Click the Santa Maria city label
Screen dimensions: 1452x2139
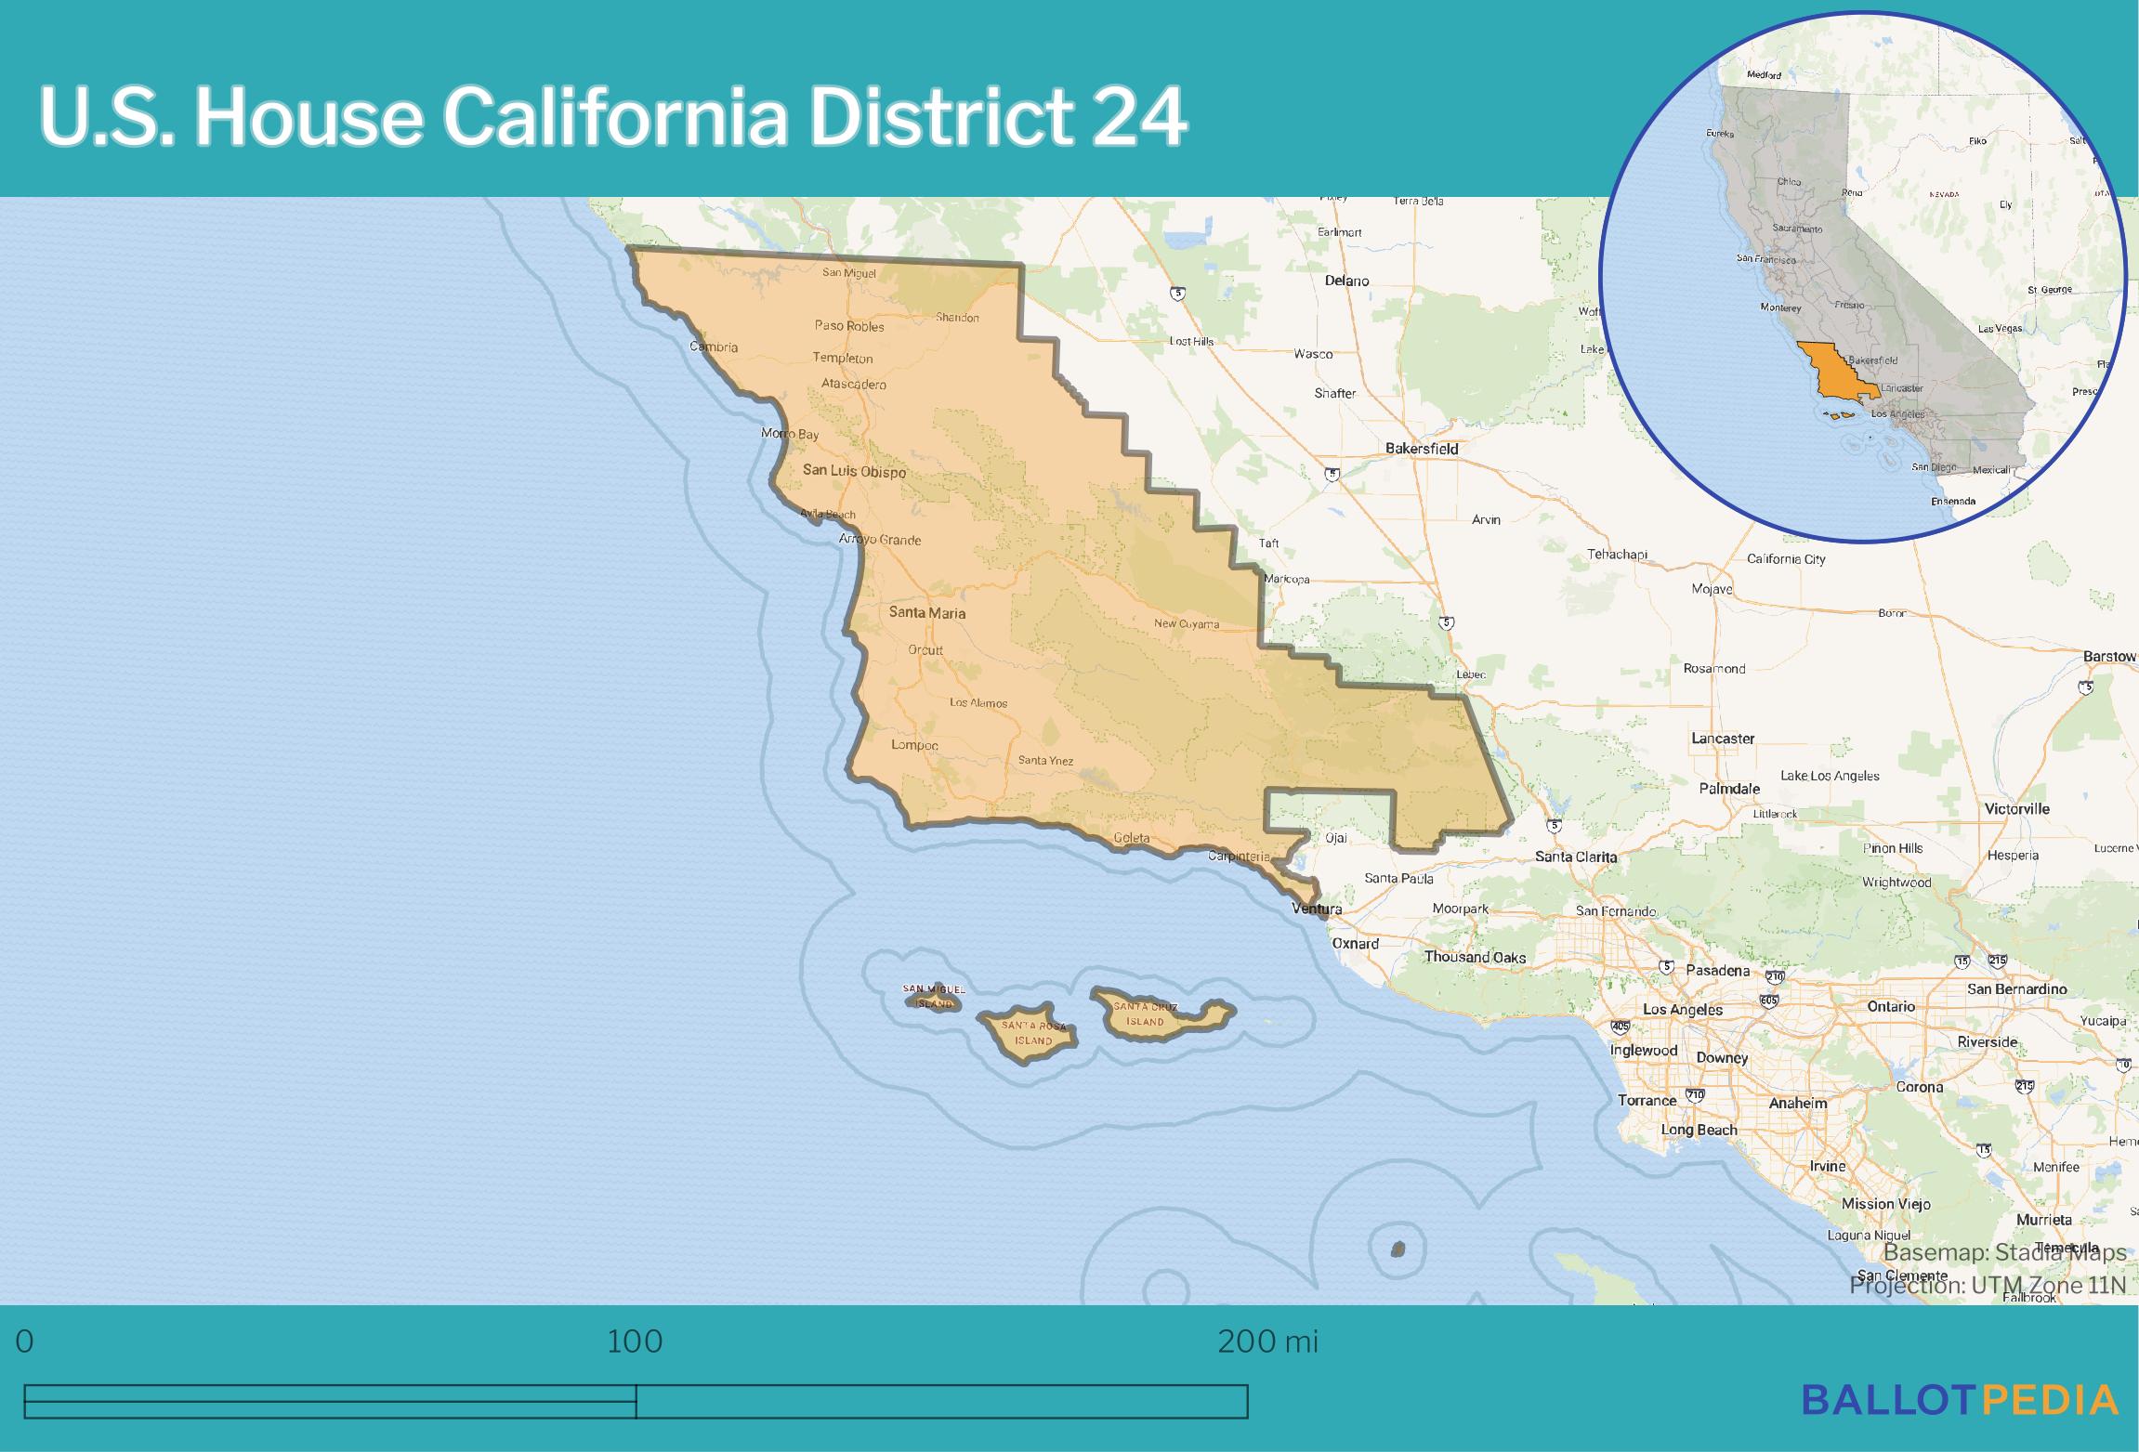(926, 613)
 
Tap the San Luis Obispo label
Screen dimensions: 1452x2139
(853, 471)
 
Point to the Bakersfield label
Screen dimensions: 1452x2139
(1421, 449)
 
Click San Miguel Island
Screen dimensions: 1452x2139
(933, 997)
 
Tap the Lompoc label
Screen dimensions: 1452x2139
(914, 745)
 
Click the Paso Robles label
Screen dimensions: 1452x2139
(849, 326)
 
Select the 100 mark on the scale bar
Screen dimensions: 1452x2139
(635, 1341)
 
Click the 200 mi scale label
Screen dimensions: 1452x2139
(1267, 1341)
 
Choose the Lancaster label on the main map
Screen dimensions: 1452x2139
(1722, 739)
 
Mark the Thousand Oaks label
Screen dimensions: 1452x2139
(1475, 957)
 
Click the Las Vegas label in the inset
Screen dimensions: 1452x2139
(2000, 329)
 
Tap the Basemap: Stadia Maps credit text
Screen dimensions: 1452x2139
(2004, 1253)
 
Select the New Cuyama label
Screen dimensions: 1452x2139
(1186, 624)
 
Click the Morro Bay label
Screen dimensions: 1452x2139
(790, 434)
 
